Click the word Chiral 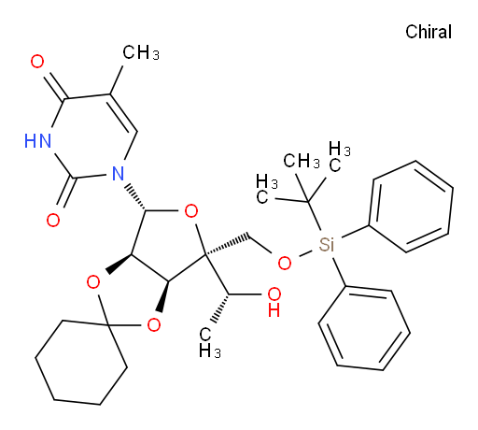(429, 32)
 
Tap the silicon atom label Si (327, 244)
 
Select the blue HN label (37, 140)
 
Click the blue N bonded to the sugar (118, 174)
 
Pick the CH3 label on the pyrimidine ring (141, 52)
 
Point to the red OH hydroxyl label (274, 302)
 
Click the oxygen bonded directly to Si (285, 264)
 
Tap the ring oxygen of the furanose (191, 211)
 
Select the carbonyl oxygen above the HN (37, 62)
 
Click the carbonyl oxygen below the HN (53, 221)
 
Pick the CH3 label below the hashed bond (209, 343)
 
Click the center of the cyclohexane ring (81, 363)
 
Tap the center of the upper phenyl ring (411, 207)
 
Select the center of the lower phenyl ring (364, 328)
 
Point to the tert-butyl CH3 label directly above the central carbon (302, 161)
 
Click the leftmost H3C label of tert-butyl (267, 189)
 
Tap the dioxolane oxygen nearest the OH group (154, 325)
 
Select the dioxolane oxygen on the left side (93, 282)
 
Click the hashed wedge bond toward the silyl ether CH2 (228, 245)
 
